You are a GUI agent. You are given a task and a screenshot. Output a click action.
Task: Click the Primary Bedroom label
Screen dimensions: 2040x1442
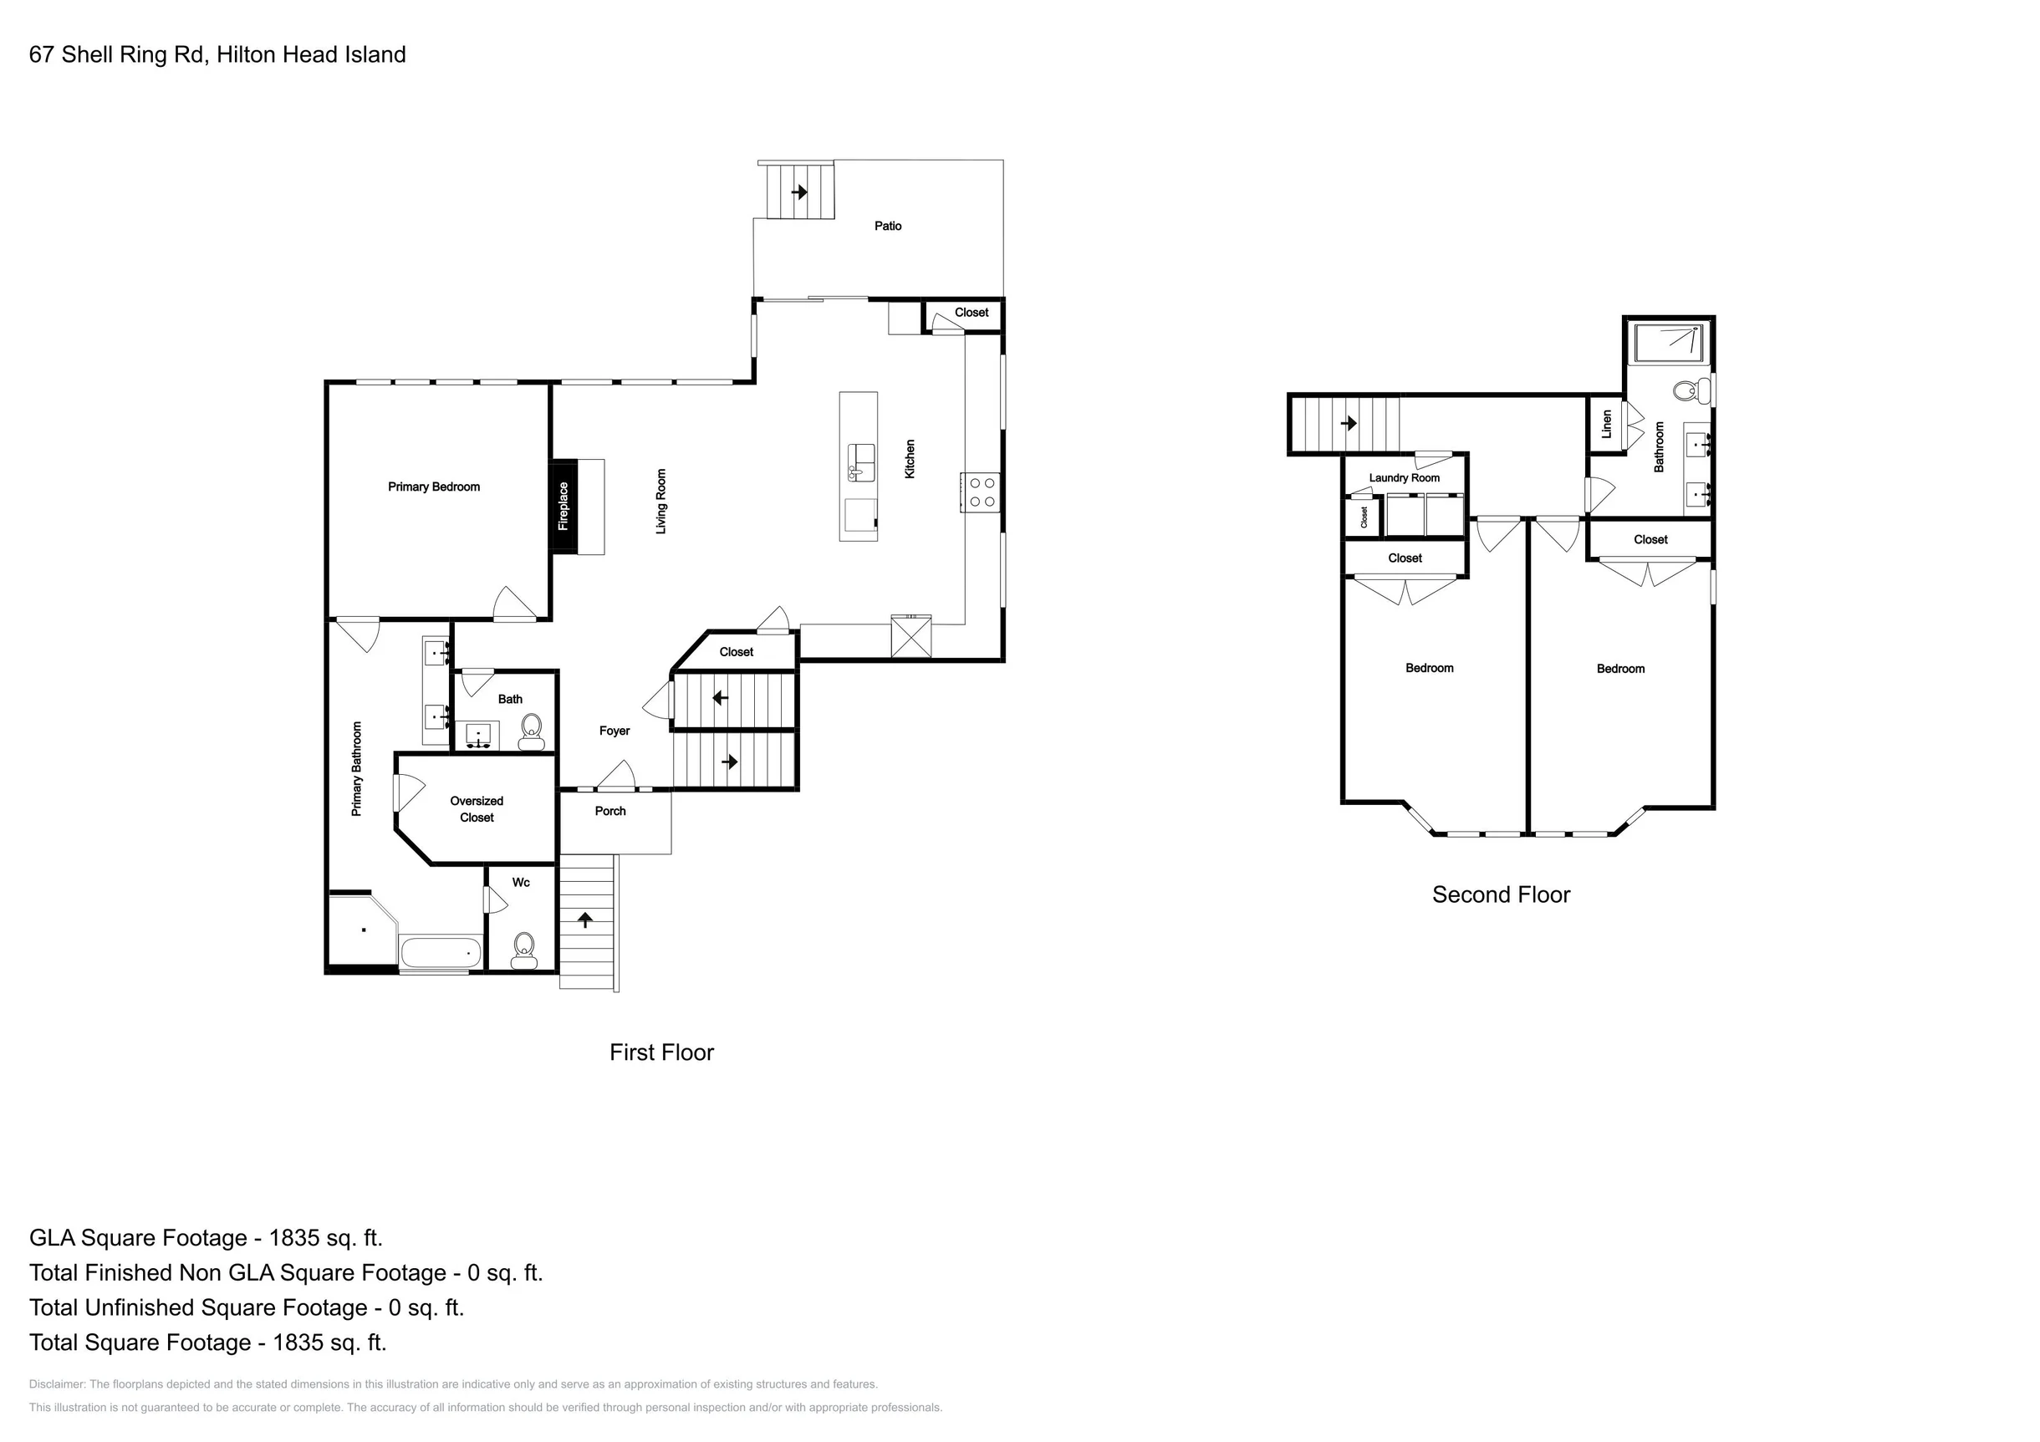[434, 487]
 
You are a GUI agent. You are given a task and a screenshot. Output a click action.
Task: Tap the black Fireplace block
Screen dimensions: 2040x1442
[564, 507]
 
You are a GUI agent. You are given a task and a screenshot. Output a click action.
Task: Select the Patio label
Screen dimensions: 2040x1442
[888, 226]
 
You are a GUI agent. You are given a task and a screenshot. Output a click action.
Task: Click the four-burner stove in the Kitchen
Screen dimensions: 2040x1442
[982, 492]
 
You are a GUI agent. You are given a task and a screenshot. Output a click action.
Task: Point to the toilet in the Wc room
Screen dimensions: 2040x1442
[523, 950]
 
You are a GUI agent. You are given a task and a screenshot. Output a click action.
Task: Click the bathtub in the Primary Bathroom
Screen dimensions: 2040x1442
[441, 953]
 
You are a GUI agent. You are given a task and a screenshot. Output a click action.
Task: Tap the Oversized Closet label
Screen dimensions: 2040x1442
[477, 809]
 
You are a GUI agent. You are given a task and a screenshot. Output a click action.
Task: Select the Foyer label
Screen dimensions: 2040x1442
[614, 731]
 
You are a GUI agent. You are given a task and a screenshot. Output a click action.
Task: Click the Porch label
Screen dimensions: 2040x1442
[610, 811]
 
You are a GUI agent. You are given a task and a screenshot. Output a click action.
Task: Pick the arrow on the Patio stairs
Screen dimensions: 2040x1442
[799, 191]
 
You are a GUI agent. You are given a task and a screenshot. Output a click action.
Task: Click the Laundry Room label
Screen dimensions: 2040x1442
[1404, 478]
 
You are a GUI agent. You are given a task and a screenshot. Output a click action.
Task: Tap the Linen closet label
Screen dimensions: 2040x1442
[1606, 425]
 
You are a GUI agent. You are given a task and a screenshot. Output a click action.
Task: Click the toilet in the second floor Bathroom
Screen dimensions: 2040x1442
[1691, 390]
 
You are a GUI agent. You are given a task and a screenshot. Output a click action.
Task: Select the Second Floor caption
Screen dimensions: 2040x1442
[1501, 894]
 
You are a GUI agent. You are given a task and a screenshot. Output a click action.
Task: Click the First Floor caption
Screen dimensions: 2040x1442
[661, 1052]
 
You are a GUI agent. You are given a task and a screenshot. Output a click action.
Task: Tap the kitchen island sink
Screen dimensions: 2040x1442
[861, 462]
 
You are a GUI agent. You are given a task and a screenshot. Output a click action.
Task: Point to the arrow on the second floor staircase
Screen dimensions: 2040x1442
[1348, 423]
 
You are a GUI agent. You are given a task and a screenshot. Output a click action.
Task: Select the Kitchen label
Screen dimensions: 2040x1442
[910, 459]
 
